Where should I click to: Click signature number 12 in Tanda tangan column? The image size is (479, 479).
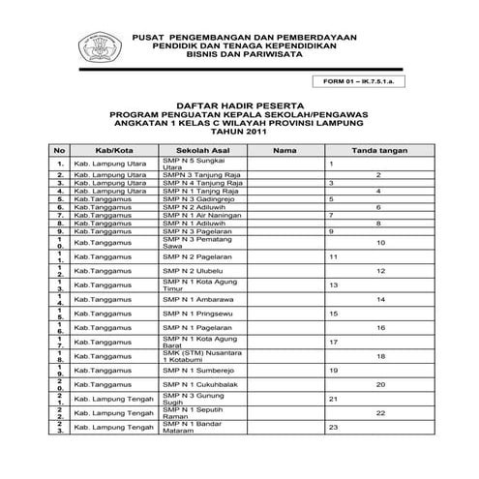tap(380, 271)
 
